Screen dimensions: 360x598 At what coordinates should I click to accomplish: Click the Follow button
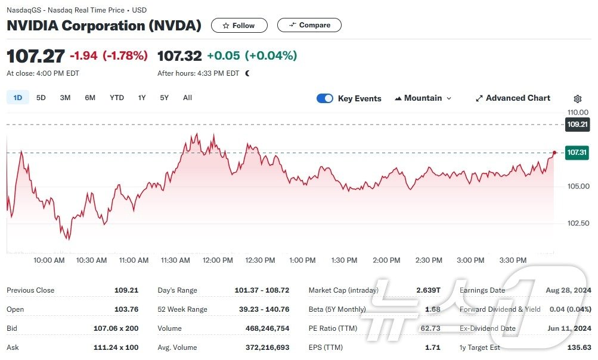(239, 26)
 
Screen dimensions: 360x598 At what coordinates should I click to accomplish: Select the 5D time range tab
(41, 98)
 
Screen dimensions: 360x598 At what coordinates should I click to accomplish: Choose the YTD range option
(117, 98)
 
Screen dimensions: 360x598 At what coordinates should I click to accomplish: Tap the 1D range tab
(18, 98)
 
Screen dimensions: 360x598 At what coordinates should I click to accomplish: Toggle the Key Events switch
(325, 98)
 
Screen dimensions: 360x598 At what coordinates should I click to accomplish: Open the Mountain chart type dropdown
(423, 98)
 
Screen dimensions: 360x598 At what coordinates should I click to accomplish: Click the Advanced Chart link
(513, 98)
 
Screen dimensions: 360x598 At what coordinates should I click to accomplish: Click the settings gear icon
(578, 99)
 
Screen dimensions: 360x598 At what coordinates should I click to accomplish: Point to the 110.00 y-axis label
(578, 112)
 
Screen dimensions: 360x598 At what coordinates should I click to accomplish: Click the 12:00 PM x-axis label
(218, 260)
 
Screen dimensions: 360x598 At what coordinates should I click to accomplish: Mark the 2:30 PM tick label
(429, 260)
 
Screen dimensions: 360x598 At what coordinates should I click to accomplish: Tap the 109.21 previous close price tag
(578, 125)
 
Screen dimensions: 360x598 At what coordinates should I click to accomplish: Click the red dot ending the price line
(555, 153)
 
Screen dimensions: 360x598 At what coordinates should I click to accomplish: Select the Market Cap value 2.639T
(428, 290)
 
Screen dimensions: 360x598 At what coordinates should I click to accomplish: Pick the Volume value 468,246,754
(267, 328)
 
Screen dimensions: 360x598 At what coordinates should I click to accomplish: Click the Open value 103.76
(126, 309)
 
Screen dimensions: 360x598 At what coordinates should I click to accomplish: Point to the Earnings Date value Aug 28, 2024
(568, 290)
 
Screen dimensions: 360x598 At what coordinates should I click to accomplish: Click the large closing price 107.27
(36, 56)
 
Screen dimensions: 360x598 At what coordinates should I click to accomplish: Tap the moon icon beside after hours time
(247, 73)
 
